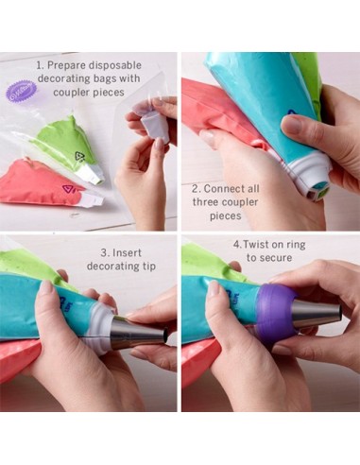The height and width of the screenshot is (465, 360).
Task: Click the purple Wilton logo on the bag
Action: coord(22,92)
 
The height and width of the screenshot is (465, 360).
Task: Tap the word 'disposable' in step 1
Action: coord(114,65)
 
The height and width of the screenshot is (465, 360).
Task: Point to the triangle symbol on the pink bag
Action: coord(68,189)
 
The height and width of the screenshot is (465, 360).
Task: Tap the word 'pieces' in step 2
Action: coord(226,215)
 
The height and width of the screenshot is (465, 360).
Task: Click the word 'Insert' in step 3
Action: coord(127,252)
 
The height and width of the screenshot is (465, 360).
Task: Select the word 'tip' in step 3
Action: coord(148,267)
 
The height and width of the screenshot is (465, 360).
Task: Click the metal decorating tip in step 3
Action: coord(138,334)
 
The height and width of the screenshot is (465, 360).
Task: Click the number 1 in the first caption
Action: coord(40,65)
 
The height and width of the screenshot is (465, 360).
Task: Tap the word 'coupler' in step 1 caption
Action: coord(72,93)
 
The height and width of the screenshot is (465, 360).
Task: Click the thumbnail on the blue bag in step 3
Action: coord(47,288)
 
